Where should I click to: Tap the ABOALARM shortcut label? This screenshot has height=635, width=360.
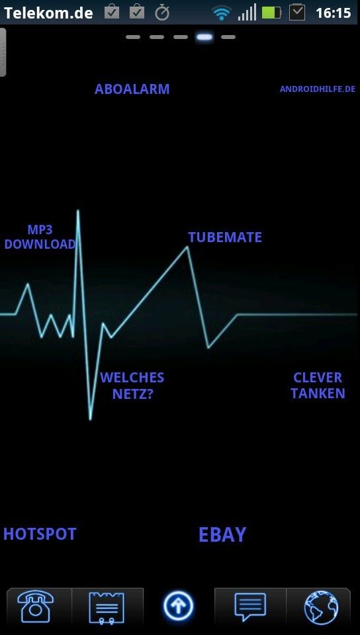pyautogui.click(x=132, y=89)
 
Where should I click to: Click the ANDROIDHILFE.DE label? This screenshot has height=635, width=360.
pyautogui.click(x=318, y=89)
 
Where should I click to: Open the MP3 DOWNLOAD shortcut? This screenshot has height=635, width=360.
pyautogui.click(x=40, y=237)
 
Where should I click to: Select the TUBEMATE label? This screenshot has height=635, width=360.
pyautogui.click(x=225, y=237)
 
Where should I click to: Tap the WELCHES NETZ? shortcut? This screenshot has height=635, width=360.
pyautogui.click(x=132, y=386)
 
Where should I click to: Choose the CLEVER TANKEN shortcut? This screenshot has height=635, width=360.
pyautogui.click(x=318, y=386)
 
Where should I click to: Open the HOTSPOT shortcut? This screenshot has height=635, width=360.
pyautogui.click(x=40, y=534)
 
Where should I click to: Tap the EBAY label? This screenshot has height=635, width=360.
pyautogui.click(x=222, y=534)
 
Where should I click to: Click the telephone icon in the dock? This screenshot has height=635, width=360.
pyautogui.click(x=36, y=607)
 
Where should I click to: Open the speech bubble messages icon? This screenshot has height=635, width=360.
pyautogui.click(x=251, y=607)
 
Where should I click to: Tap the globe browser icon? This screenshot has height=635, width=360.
pyautogui.click(x=321, y=607)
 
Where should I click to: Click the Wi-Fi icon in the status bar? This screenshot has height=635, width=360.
pyautogui.click(x=221, y=13)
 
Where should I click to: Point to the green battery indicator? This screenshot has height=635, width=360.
pyautogui.click(x=271, y=13)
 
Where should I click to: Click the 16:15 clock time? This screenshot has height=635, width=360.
pyautogui.click(x=333, y=13)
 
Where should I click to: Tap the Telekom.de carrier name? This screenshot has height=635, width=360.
pyautogui.click(x=48, y=13)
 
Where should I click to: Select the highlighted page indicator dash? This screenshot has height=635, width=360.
pyautogui.click(x=204, y=37)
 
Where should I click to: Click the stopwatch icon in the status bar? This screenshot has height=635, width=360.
pyautogui.click(x=162, y=13)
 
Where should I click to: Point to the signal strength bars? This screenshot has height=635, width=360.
pyautogui.click(x=247, y=12)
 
